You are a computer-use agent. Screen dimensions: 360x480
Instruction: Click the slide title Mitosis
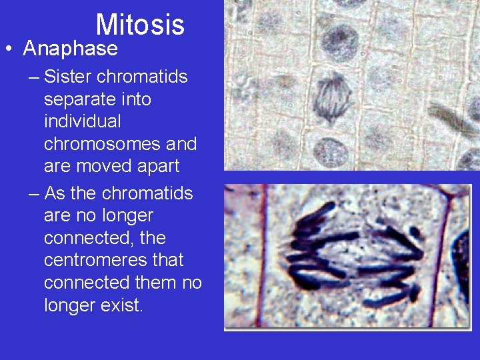[x=140, y=25]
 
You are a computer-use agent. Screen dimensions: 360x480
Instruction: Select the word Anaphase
[x=70, y=49]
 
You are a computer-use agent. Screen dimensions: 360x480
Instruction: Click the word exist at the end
[x=125, y=305]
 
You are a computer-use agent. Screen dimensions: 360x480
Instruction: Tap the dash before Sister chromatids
[x=34, y=77]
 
